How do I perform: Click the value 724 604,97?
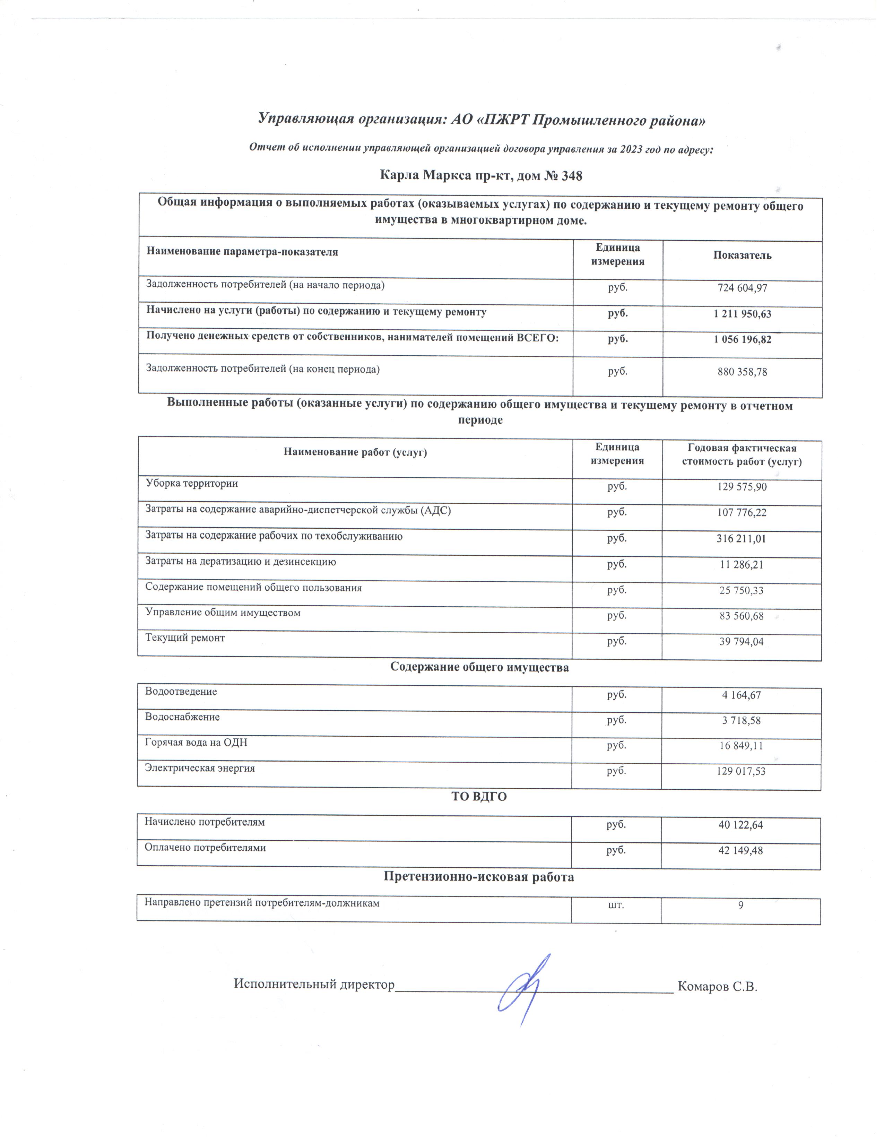pos(742,288)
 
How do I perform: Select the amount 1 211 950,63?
pos(742,314)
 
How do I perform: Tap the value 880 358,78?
pos(742,372)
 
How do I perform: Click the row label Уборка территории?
pos(192,484)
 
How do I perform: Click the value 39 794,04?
pos(741,642)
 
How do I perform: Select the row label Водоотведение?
pos(181,692)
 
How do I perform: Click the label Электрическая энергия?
pos(200,769)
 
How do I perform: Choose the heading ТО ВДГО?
pos(479,797)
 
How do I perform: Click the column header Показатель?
pos(742,255)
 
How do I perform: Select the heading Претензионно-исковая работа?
pos(479,877)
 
